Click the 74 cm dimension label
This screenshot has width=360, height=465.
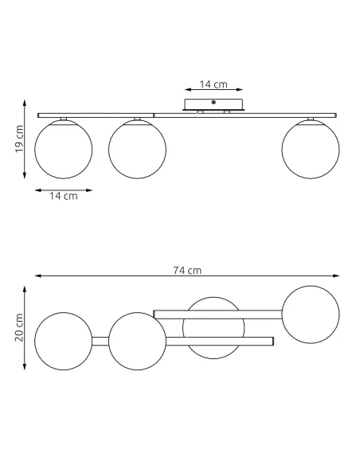tap(187, 271)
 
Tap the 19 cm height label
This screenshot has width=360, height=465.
tap(19, 139)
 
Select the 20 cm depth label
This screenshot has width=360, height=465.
tap(19, 327)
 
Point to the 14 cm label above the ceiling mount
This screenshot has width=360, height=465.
tap(213, 84)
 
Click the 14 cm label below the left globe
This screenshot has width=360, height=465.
tap(64, 196)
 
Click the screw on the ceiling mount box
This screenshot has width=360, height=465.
tap(213, 102)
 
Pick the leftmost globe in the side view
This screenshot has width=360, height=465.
tap(64, 150)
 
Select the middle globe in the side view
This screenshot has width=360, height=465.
tap(137, 150)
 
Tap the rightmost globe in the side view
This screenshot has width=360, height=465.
tap(311, 150)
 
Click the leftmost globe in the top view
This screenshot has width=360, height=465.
tap(64, 341)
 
